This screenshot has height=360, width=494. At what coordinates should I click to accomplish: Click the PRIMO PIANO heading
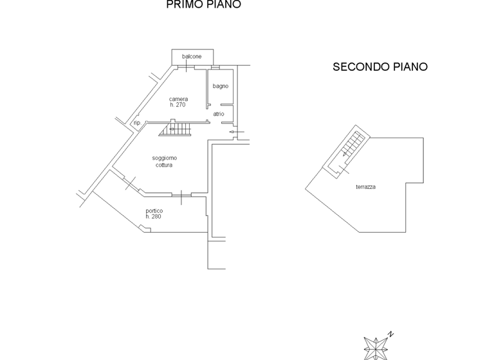point(203,5)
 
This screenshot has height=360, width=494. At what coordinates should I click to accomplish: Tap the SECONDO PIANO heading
point(380,67)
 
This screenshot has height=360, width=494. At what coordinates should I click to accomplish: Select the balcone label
point(192,57)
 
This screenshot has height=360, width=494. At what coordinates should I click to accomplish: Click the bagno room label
point(221,86)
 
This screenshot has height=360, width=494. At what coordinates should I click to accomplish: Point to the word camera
point(178,99)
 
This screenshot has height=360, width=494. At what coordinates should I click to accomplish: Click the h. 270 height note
point(178,105)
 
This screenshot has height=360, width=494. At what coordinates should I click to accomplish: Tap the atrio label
point(219,114)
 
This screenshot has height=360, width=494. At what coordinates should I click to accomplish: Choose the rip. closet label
point(137,123)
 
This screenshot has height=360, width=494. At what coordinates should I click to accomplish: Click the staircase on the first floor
point(176,130)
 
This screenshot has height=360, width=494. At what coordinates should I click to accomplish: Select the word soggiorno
point(165,158)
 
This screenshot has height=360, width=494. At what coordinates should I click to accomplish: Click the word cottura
point(164,165)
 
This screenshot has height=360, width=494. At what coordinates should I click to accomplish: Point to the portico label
point(154,211)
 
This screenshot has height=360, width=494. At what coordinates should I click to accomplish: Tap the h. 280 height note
point(153,217)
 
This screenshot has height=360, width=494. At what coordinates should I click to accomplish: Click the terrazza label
point(365,187)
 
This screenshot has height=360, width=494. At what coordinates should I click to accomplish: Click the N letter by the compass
point(390,334)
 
